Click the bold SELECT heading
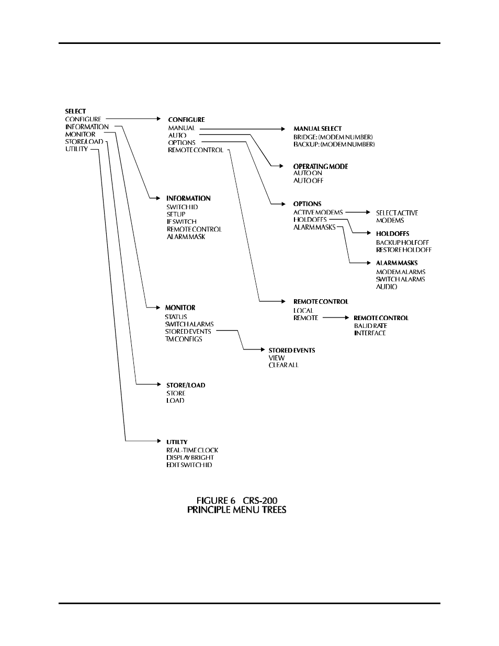point(75,111)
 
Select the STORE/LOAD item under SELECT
point(84,142)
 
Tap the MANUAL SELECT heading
point(317,129)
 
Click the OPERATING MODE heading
point(321,166)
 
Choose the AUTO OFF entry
point(308,180)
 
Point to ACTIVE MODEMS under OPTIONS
point(318,212)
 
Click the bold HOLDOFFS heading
point(392,234)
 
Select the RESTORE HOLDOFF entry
point(404,250)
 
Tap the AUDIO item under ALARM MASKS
point(387,287)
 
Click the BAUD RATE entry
point(370,326)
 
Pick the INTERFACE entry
point(370,333)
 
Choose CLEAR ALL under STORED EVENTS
point(283,365)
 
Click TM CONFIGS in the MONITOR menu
point(183,339)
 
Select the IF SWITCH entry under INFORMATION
point(182,222)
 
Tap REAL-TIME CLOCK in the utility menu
point(192,450)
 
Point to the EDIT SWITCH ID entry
point(189,465)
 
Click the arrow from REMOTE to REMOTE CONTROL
point(336,318)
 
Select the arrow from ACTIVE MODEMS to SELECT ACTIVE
point(358,212)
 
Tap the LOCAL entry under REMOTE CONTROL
point(303,311)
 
